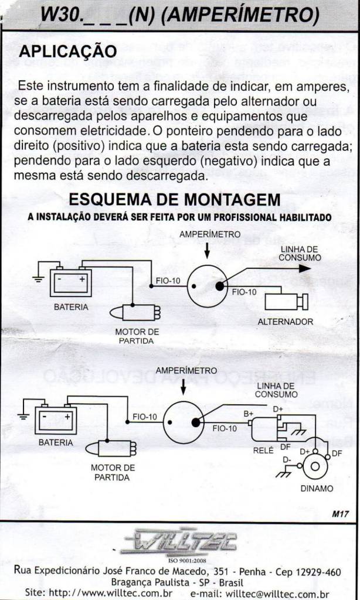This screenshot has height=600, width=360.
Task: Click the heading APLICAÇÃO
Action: (x=68, y=52)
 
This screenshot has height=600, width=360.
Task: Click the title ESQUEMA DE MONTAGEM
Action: (x=175, y=199)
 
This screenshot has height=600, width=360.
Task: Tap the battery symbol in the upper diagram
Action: (x=70, y=282)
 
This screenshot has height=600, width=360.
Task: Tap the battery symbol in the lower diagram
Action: (x=55, y=420)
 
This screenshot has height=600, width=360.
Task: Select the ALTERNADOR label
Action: (x=285, y=321)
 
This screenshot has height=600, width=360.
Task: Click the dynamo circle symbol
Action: (x=315, y=466)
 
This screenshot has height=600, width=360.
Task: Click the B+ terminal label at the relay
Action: (x=249, y=413)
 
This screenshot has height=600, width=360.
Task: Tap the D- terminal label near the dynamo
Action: (x=287, y=460)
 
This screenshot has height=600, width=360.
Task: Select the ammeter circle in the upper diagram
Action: (x=206, y=285)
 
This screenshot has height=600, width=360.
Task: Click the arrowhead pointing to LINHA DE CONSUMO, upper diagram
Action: (x=303, y=268)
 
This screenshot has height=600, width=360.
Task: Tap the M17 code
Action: (x=340, y=514)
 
